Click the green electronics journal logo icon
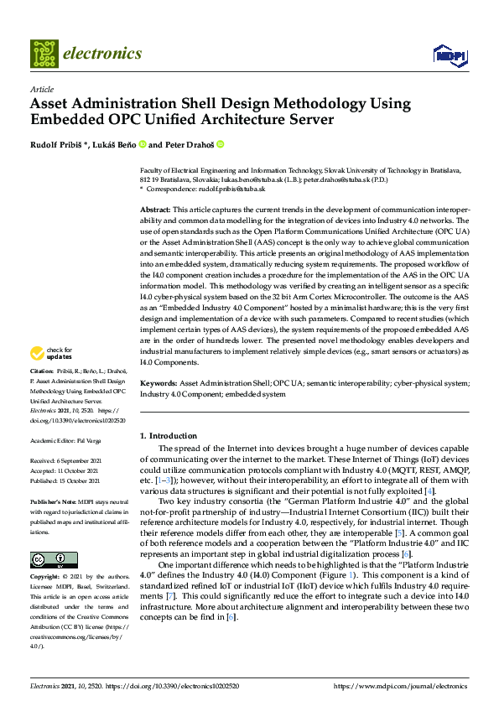point(44,54)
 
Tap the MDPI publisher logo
point(450,55)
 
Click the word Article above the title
point(41,89)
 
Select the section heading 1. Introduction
point(169,435)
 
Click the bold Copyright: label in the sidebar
point(46,579)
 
